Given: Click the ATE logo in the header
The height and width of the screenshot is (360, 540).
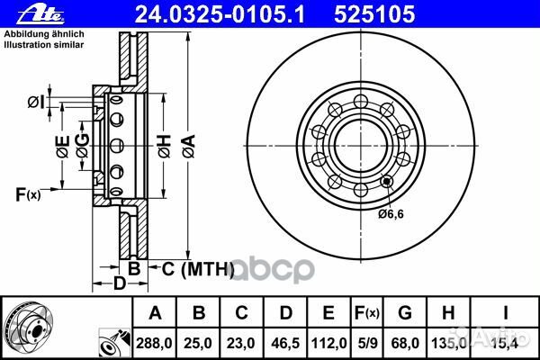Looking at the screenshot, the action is coord(40,15).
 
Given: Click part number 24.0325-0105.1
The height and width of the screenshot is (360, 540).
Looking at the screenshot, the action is coord(220,14).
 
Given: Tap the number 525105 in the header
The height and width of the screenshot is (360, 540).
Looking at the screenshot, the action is coord(374,14).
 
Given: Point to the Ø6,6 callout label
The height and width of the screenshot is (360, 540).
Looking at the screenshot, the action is coord(391,214).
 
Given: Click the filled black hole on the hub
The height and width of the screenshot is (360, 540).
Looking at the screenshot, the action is coord(387,181).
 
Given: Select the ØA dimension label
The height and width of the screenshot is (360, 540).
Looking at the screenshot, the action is coord(188,146).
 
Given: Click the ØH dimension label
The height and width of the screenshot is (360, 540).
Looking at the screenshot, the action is coord(165,146).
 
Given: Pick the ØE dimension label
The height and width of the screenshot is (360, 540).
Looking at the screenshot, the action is coord(63,147).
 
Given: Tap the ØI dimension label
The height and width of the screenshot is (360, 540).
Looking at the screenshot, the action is coord(36,103).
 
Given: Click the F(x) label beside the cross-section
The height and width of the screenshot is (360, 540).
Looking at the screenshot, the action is coord(28,195).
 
